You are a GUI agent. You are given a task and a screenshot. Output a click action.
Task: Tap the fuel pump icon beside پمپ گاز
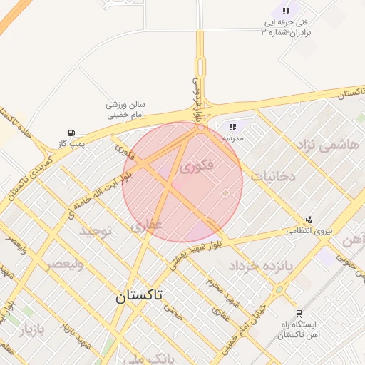pos(71,132)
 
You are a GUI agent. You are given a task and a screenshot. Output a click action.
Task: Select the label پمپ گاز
pos(71,144)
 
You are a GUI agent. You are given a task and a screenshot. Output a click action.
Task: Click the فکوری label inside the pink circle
pos(197,168)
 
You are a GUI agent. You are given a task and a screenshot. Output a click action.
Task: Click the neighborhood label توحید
pos(96,232)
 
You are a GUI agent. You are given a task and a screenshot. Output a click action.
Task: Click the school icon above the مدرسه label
pos(232,127)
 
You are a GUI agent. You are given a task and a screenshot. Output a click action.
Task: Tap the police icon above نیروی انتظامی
pos(309,220)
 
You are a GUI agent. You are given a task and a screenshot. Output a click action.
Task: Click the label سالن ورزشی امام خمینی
pos(125,109)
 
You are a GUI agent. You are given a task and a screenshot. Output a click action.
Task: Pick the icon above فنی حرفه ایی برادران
pos(286,11)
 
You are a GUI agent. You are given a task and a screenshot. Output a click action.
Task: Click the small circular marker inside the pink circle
pos(225,193)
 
